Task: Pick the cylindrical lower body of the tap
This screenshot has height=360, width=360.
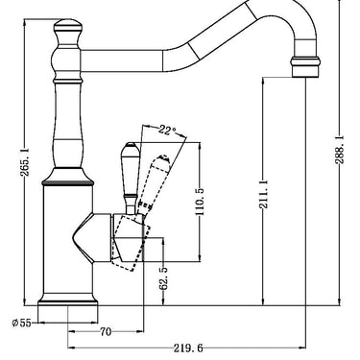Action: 66,240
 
